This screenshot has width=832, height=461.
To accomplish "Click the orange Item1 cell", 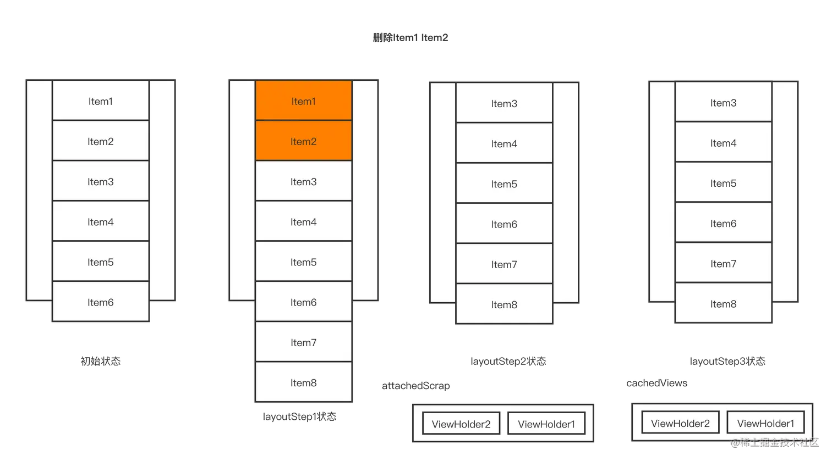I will click(x=303, y=101).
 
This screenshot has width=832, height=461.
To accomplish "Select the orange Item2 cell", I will click(x=303, y=141).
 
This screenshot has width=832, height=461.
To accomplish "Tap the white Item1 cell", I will click(x=100, y=101).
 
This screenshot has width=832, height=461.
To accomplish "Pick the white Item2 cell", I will click(x=100, y=141).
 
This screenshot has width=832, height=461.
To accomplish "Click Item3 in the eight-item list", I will click(x=303, y=181).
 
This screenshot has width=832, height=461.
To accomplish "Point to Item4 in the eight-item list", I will click(x=303, y=222).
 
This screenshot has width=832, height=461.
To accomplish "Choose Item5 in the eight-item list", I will click(x=303, y=262).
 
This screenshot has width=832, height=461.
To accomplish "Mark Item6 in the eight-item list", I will click(x=303, y=302).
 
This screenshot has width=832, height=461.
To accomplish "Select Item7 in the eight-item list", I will click(x=303, y=342).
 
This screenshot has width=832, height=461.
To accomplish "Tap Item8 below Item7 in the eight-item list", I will click(x=303, y=382).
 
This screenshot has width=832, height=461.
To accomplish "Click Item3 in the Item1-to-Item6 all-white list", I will click(x=100, y=181).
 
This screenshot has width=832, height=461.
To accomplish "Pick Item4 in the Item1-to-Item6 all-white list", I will click(x=100, y=222).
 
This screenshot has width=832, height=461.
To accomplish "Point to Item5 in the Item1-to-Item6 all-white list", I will click(x=100, y=262).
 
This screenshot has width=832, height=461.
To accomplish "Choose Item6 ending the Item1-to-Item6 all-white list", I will click(x=100, y=302).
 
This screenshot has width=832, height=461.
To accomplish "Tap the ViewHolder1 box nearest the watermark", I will click(x=765, y=423).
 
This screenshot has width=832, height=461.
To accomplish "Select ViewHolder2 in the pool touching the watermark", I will click(x=680, y=423).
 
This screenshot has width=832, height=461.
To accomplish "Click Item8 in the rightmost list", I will click(x=723, y=304).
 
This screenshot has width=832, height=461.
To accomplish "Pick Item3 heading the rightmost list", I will click(x=723, y=103).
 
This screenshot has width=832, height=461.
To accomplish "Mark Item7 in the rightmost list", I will click(x=723, y=264).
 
